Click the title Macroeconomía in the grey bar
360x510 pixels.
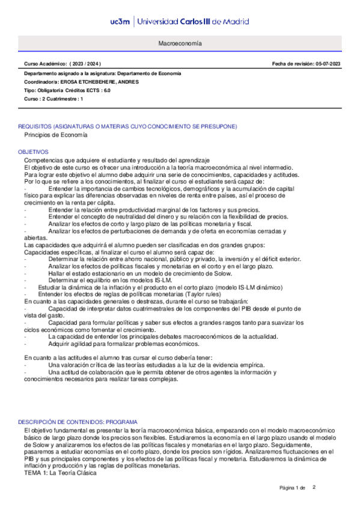180,45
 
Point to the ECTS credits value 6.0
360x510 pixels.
106,90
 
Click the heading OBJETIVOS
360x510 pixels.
33,152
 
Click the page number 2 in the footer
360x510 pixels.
314,487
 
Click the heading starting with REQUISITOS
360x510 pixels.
127,126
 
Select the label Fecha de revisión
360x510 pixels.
291,64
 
